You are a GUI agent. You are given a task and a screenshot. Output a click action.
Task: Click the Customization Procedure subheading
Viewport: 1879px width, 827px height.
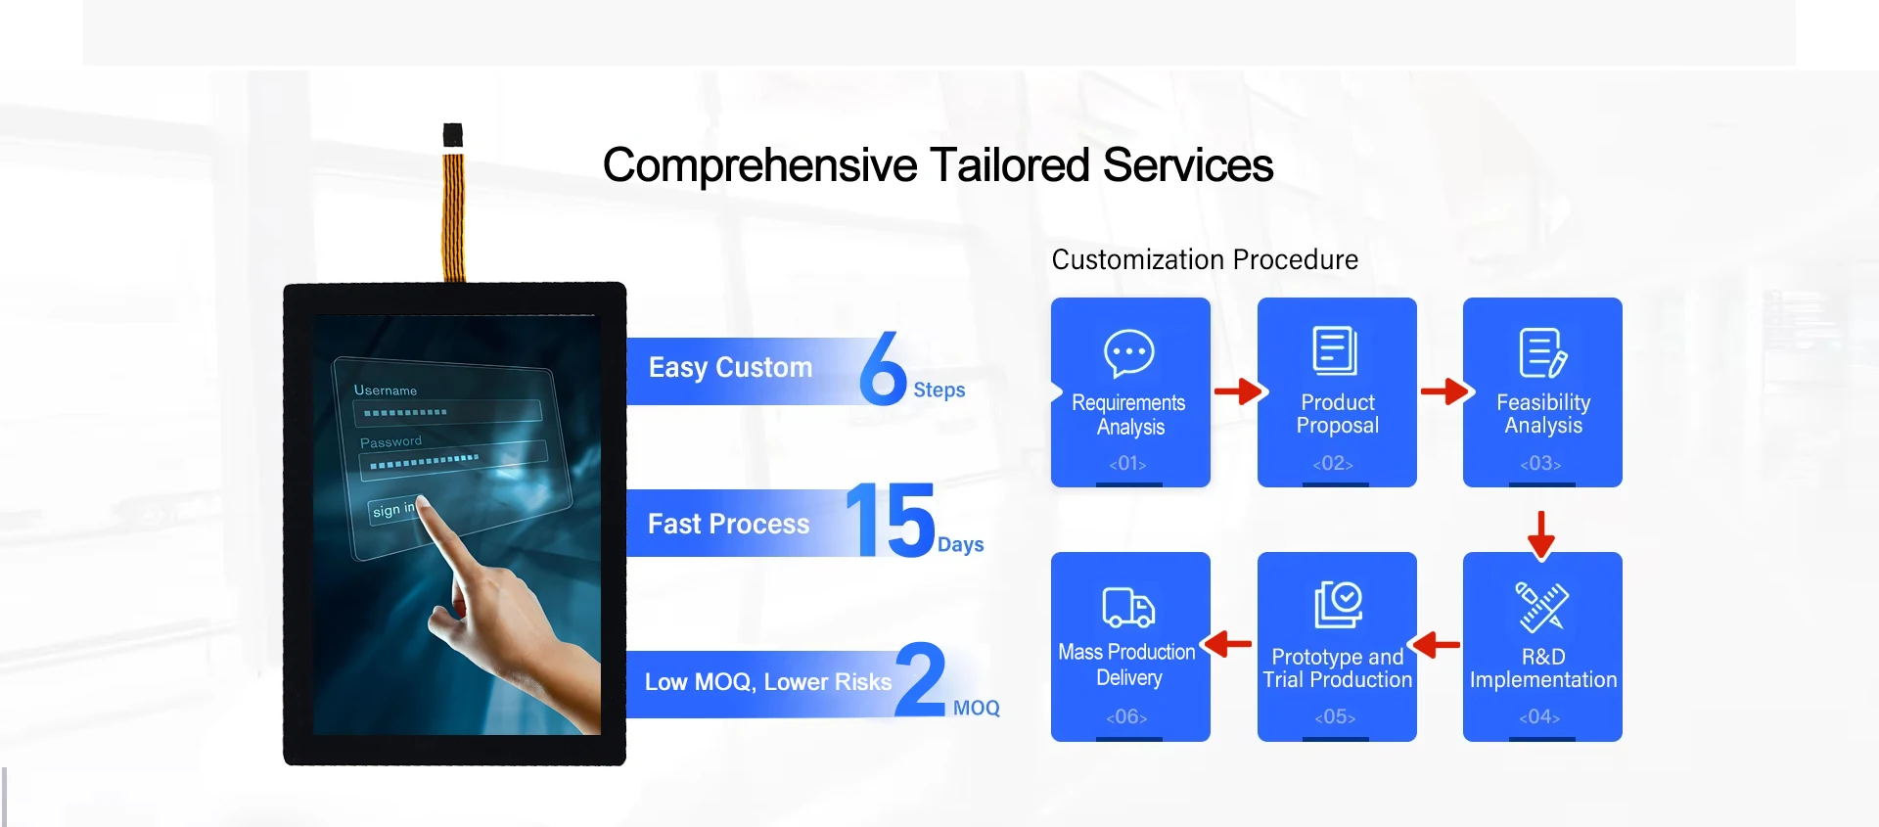tap(1205, 259)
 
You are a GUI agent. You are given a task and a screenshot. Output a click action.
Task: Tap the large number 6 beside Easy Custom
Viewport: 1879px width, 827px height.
tap(883, 368)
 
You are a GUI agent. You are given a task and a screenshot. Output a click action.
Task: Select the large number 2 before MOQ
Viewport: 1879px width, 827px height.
tap(920, 678)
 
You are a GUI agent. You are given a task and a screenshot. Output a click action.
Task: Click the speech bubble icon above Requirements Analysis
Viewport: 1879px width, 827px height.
tap(1129, 352)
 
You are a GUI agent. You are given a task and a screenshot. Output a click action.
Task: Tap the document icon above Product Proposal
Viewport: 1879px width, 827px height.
tap(1335, 350)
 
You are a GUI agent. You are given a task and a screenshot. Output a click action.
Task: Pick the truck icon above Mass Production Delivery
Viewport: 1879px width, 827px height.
tap(1128, 607)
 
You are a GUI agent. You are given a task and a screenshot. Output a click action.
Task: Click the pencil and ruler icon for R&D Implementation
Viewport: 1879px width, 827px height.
tap(1542, 606)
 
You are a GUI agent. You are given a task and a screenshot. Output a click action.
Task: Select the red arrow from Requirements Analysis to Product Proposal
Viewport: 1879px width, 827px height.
tap(1240, 391)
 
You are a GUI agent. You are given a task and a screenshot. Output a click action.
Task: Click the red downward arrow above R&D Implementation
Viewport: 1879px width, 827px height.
tap(1541, 534)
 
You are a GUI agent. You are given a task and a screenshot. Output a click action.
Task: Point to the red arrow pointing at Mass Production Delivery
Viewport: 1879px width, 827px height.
tap(1227, 644)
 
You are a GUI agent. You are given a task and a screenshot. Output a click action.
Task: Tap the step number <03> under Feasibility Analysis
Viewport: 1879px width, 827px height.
tap(1540, 463)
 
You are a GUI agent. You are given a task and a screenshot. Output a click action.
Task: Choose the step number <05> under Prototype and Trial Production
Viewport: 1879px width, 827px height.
tap(1335, 717)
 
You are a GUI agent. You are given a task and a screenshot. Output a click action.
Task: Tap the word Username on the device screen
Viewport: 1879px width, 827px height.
tap(386, 390)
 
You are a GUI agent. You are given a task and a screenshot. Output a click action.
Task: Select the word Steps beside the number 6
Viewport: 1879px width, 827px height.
tap(939, 391)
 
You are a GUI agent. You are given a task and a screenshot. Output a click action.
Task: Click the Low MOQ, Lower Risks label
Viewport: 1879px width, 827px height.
tap(768, 682)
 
